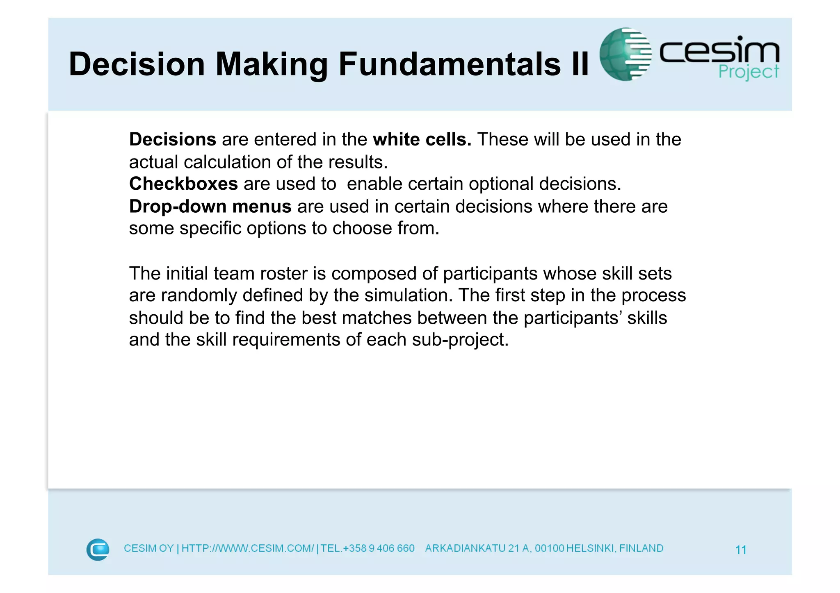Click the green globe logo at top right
[625, 54]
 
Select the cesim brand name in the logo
[719, 51]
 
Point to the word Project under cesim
[749, 72]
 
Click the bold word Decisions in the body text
[173, 140]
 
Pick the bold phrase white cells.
[422, 140]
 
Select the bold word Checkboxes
[183, 184]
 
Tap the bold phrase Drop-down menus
[210, 207]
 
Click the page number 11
[741, 550]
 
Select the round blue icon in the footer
[98, 550]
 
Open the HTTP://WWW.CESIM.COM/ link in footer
[248, 549]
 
